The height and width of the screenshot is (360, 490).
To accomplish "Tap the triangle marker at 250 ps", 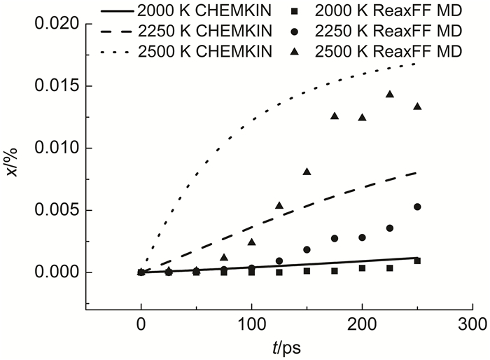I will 417,106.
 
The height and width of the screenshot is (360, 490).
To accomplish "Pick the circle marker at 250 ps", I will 417,207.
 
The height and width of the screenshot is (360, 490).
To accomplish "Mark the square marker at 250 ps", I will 417,261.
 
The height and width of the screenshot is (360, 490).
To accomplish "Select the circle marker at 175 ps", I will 335,238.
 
